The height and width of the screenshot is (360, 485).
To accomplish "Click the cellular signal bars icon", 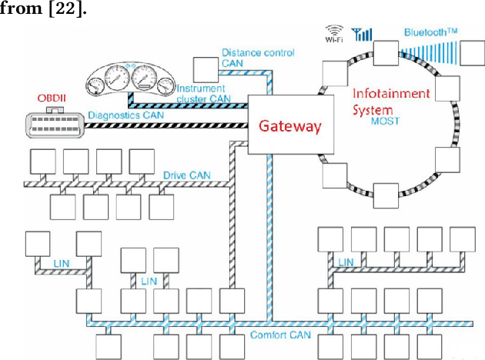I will click(x=360, y=34).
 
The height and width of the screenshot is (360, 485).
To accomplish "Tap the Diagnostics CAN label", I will click(x=126, y=115).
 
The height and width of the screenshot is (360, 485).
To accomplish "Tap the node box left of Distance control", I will click(x=205, y=68).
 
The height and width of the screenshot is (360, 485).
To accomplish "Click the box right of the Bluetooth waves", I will click(x=472, y=56).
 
